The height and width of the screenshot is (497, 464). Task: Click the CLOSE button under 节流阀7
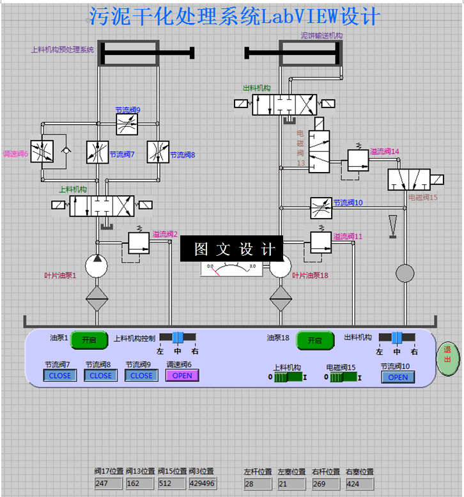tap(59, 375)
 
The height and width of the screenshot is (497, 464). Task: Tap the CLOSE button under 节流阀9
tap(141, 375)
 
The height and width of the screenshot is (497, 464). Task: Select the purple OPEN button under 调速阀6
tap(182, 375)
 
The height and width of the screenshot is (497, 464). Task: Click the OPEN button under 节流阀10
tap(398, 377)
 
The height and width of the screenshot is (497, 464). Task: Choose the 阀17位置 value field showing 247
tap(109, 484)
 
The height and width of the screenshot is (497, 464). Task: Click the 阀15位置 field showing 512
tap(171, 484)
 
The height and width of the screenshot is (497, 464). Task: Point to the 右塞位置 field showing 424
tap(359, 484)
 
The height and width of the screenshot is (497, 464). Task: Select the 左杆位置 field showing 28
tap(258, 484)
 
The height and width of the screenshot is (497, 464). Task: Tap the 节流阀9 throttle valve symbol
tap(127, 124)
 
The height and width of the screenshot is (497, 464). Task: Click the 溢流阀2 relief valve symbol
tap(138, 242)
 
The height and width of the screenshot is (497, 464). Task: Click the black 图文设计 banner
tap(231, 248)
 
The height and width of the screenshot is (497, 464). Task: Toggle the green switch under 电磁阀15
tap(349, 377)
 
